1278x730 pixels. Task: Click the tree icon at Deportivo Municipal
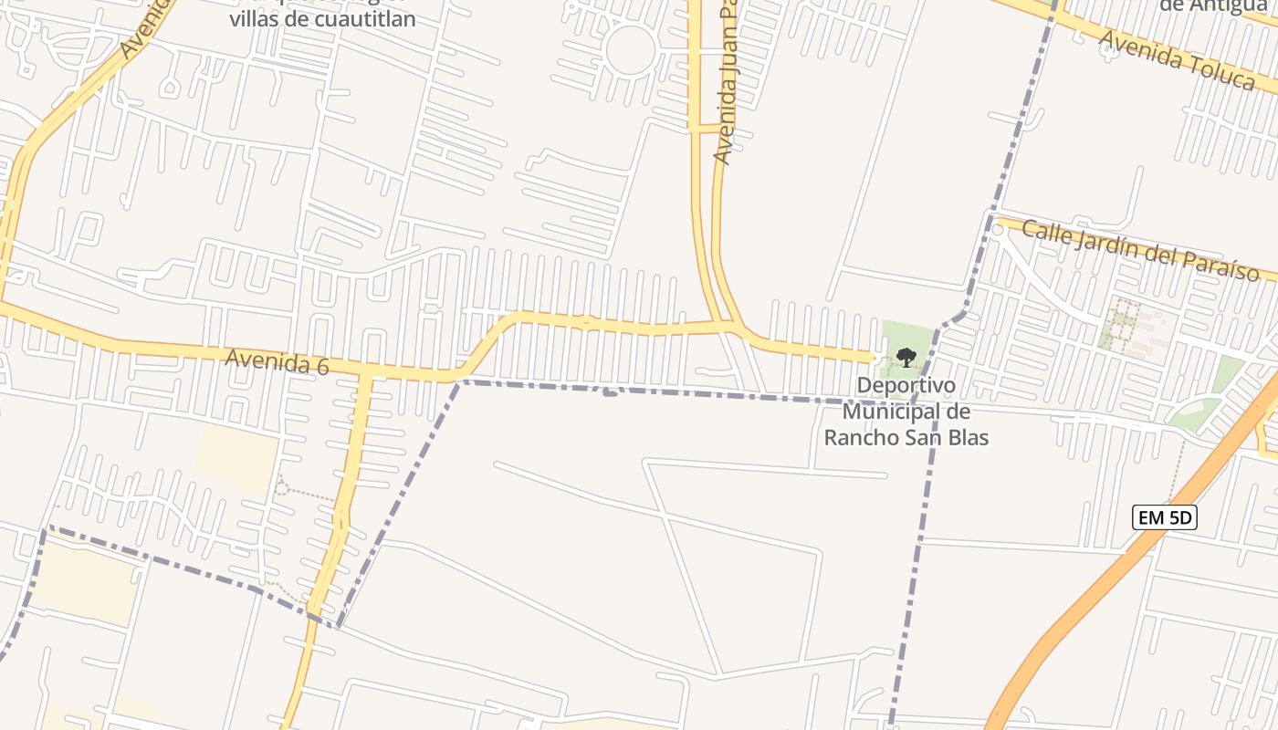coord(906,357)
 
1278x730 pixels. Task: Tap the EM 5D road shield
coord(1164,518)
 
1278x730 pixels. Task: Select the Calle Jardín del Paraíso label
coord(1139,251)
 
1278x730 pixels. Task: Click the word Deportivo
coord(906,386)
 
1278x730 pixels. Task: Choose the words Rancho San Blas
coord(906,437)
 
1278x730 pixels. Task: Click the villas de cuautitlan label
coord(322,18)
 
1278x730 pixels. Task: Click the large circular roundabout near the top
coord(631,51)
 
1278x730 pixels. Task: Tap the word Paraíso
coord(1217,266)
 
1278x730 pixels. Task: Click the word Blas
coord(966,437)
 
